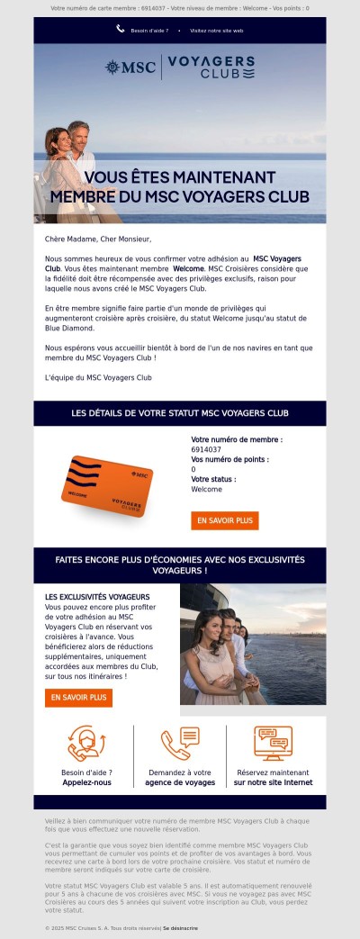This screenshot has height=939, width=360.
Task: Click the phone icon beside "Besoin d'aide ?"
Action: point(121,29)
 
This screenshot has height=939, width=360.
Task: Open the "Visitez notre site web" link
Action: point(216,30)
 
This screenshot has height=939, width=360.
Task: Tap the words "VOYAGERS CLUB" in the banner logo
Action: point(211,67)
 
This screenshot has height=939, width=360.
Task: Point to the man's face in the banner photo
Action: point(80,136)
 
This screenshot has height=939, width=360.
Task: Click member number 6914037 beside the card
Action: point(206,449)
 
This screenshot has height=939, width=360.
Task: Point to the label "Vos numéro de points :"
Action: point(229,459)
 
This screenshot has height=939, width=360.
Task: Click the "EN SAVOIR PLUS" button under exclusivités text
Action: point(78,697)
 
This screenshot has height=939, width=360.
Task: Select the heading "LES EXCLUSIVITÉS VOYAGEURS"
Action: point(97,597)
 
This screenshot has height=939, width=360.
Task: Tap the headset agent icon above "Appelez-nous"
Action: point(86,744)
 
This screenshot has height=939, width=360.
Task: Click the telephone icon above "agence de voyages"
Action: point(180,744)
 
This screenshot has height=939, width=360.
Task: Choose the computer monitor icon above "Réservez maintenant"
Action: point(273,744)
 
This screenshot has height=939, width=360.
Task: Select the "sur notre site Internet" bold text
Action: point(273,782)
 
